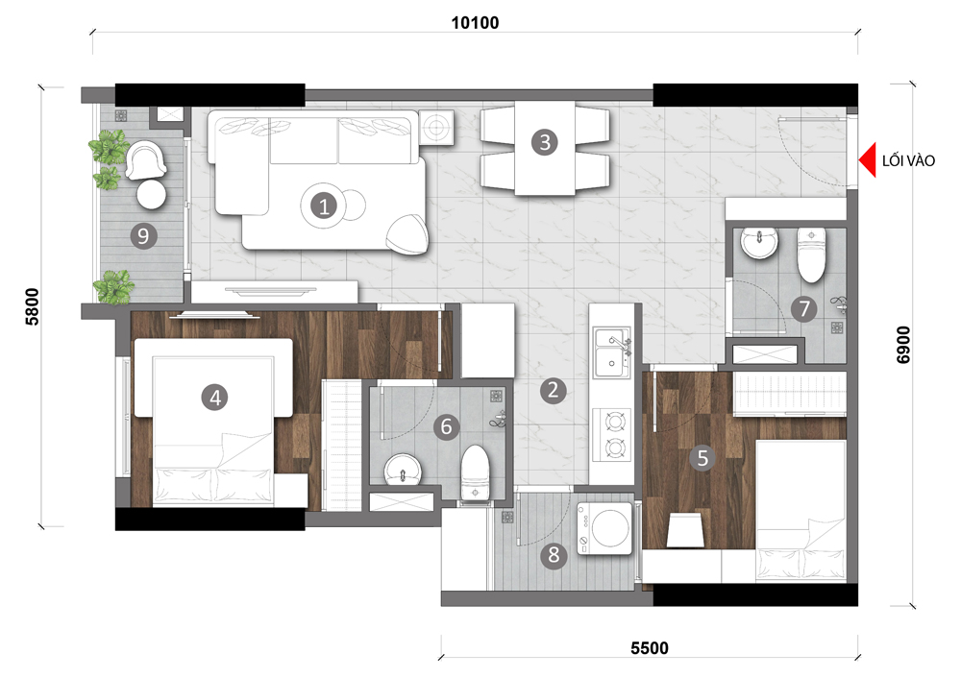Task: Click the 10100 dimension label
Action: click(x=475, y=23)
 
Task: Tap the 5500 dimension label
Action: click(x=649, y=648)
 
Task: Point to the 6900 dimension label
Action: click(x=903, y=345)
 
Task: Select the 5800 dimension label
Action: click(x=32, y=306)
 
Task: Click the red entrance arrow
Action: click(x=867, y=159)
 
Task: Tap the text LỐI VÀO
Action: click(x=908, y=160)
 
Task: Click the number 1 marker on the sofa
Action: click(x=324, y=206)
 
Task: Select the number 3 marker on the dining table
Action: click(x=545, y=142)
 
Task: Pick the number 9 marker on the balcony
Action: click(x=143, y=236)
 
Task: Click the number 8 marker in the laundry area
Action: click(x=554, y=555)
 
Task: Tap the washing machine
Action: click(x=604, y=528)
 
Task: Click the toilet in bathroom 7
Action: click(x=811, y=254)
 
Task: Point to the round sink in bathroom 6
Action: click(x=403, y=470)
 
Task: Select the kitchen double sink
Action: click(x=611, y=352)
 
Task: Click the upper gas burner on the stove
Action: click(x=613, y=422)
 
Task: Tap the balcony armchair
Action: click(x=145, y=159)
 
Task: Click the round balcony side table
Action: click(x=152, y=195)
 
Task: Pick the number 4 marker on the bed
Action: click(x=214, y=398)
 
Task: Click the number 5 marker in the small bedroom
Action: click(x=702, y=457)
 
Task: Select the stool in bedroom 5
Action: click(x=684, y=530)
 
